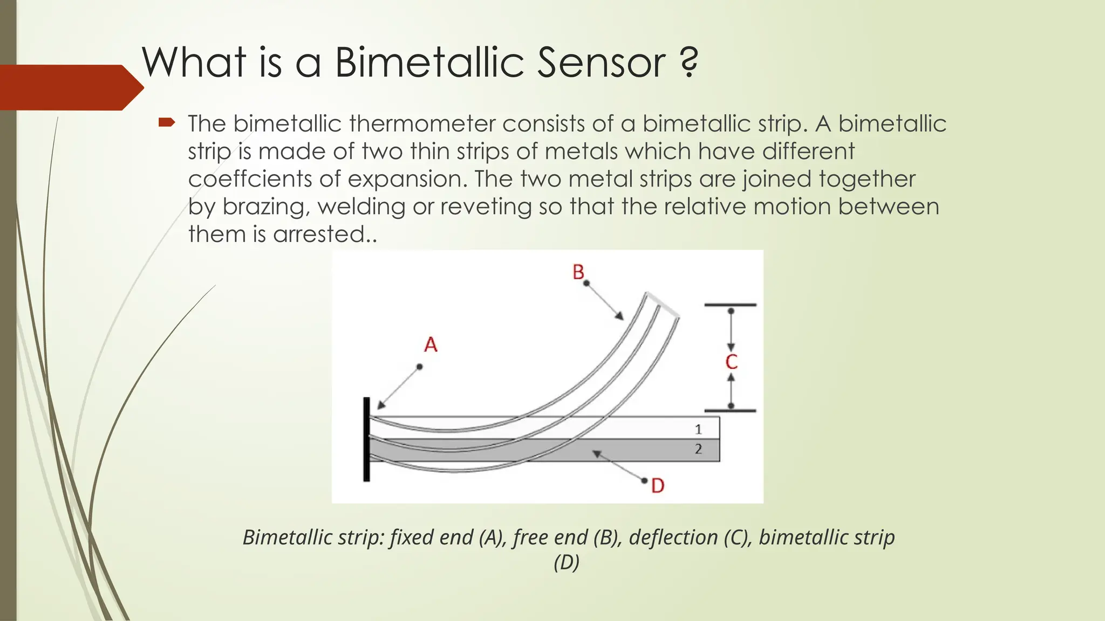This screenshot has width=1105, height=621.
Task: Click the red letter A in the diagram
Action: pyautogui.click(x=431, y=344)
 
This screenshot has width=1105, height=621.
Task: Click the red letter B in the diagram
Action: pyautogui.click(x=578, y=272)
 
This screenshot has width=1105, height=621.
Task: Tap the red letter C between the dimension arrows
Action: pyautogui.click(x=731, y=362)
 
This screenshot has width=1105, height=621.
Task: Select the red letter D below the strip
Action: pyautogui.click(x=658, y=486)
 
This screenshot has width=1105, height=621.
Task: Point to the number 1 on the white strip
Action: pyautogui.click(x=698, y=429)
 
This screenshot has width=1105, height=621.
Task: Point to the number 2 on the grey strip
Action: pyautogui.click(x=698, y=449)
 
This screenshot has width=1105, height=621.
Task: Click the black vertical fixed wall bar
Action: pyautogui.click(x=366, y=439)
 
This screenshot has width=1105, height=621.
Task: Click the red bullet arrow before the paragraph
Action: pyautogui.click(x=167, y=123)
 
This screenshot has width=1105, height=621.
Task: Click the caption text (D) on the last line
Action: pyautogui.click(x=566, y=562)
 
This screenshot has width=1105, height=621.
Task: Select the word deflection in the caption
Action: pyautogui.click(x=673, y=537)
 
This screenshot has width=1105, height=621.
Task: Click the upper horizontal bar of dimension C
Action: pyautogui.click(x=731, y=305)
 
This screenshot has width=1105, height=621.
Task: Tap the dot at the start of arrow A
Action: pyautogui.click(x=419, y=367)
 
